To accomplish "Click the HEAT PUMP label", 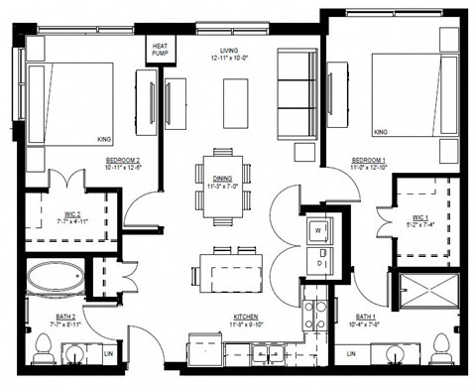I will tap(160, 49).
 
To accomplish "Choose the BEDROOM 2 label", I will tap(125, 163).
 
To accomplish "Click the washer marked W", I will tap(318, 231).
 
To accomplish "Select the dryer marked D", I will tap(318, 264).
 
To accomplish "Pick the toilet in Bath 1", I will tap(440, 347).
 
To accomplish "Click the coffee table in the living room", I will tap(235, 101).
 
